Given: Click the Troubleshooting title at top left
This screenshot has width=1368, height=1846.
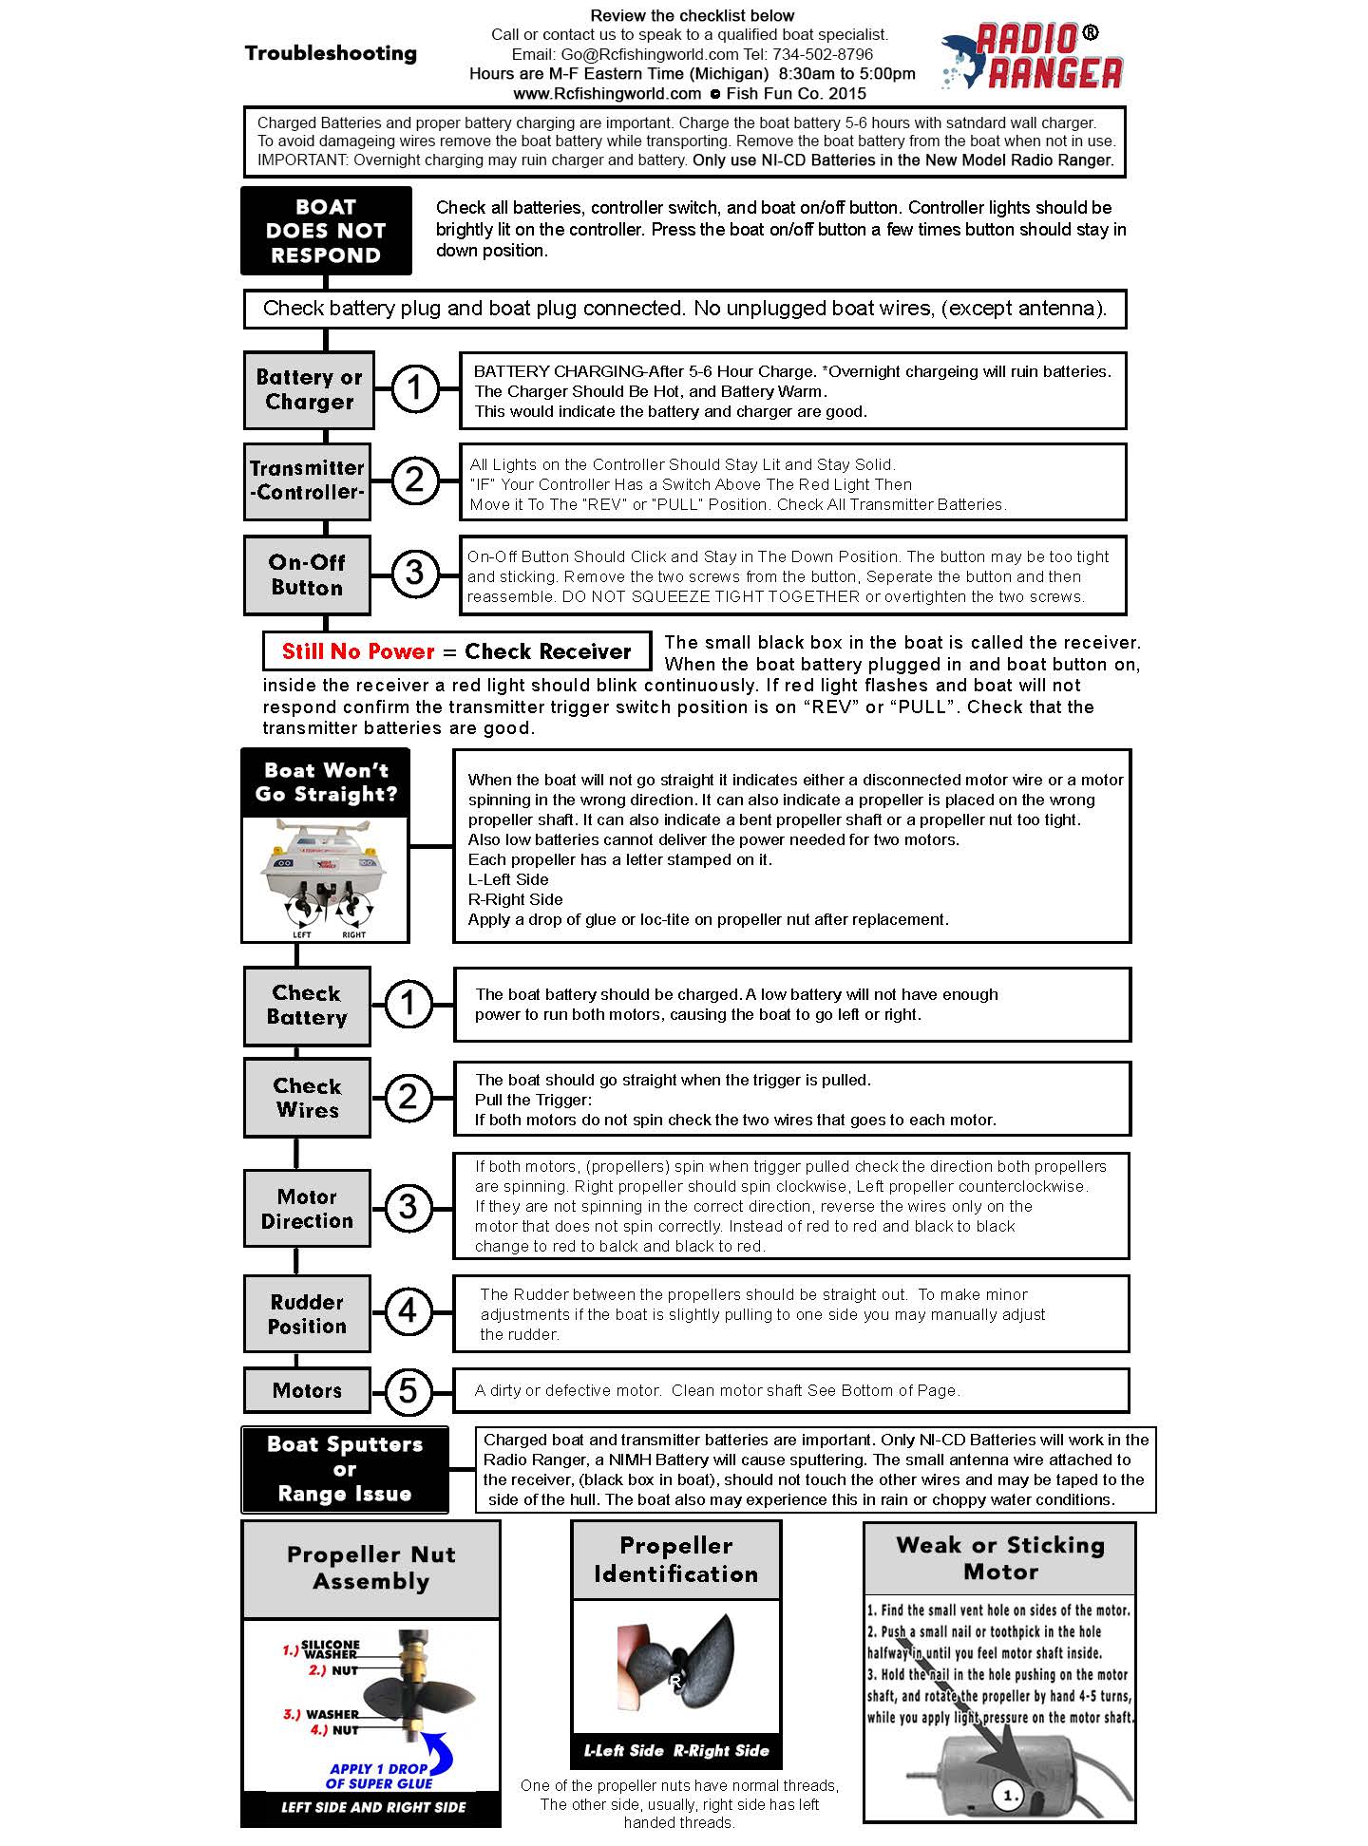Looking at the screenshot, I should point(331,53).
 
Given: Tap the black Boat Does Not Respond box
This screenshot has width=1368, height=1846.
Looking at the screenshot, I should point(326,231).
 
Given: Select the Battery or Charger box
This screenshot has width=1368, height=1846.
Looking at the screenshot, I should point(309,389).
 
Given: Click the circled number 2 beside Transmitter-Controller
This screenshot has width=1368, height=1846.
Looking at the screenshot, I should point(414,480).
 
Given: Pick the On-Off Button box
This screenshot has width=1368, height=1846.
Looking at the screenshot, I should point(307,575).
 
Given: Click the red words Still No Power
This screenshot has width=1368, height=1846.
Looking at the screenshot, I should point(358,651).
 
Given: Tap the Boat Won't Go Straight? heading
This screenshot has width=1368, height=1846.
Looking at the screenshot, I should point(326,782).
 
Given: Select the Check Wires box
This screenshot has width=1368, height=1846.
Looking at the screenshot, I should point(307,1098).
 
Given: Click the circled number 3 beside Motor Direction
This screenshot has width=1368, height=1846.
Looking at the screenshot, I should point(408,1207).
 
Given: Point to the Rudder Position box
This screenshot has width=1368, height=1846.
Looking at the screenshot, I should point(307,1314).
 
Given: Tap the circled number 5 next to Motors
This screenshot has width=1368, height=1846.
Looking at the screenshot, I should point(408,1391).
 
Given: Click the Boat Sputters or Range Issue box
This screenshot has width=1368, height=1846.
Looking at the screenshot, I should point(345,1469).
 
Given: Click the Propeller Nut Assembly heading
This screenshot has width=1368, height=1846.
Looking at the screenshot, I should point(371,1568).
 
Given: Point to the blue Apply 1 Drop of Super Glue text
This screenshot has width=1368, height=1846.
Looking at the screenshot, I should point(379,1776).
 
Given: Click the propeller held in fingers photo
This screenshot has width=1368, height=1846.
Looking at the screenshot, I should point(675,1663).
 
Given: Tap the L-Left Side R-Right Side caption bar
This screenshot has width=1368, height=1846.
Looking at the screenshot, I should point(676,1750).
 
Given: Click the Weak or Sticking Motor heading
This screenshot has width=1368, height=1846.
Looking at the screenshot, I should point(1000,1558).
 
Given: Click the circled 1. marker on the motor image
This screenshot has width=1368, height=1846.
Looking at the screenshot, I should point(1009,1795).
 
